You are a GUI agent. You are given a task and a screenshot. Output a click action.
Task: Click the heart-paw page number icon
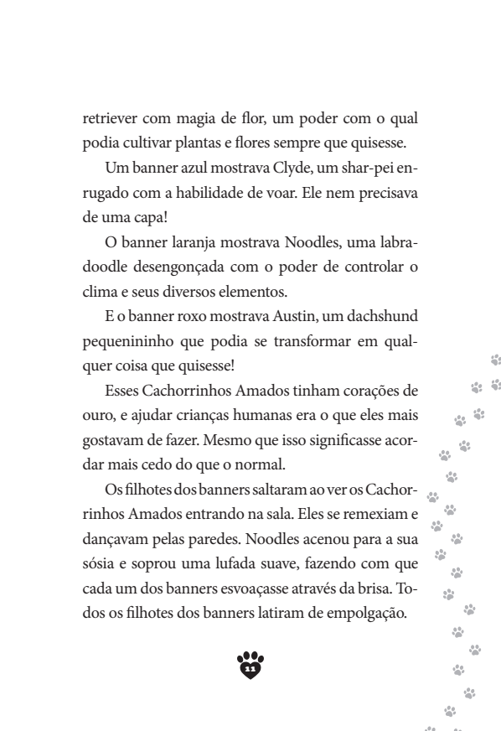coord(250,666)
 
